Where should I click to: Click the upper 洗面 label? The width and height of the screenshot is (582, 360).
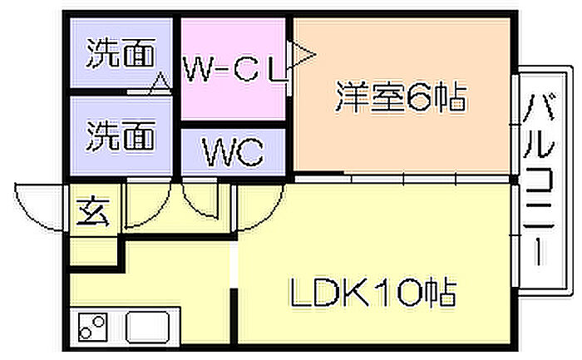pos(121,53)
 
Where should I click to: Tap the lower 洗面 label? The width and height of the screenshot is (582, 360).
pos(121,135)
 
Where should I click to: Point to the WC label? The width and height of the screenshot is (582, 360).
pos(233,152)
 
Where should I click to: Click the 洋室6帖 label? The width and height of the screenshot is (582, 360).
pos(401,97)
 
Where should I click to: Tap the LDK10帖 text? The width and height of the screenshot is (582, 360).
pos(372,293)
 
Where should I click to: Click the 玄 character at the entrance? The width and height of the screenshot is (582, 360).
pos(93,211)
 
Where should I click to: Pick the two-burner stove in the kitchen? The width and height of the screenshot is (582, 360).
pos(93,327)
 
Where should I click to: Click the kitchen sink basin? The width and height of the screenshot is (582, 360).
pos(148,327)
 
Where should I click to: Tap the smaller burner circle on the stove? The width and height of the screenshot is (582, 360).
pos(85,333)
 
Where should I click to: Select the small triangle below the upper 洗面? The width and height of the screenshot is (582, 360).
pos(160,82)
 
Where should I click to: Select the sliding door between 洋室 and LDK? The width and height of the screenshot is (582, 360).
pos(402,180)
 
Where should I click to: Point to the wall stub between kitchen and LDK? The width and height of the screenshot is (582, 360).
pos(234,315)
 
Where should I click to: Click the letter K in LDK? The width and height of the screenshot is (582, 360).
pos(358,293)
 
